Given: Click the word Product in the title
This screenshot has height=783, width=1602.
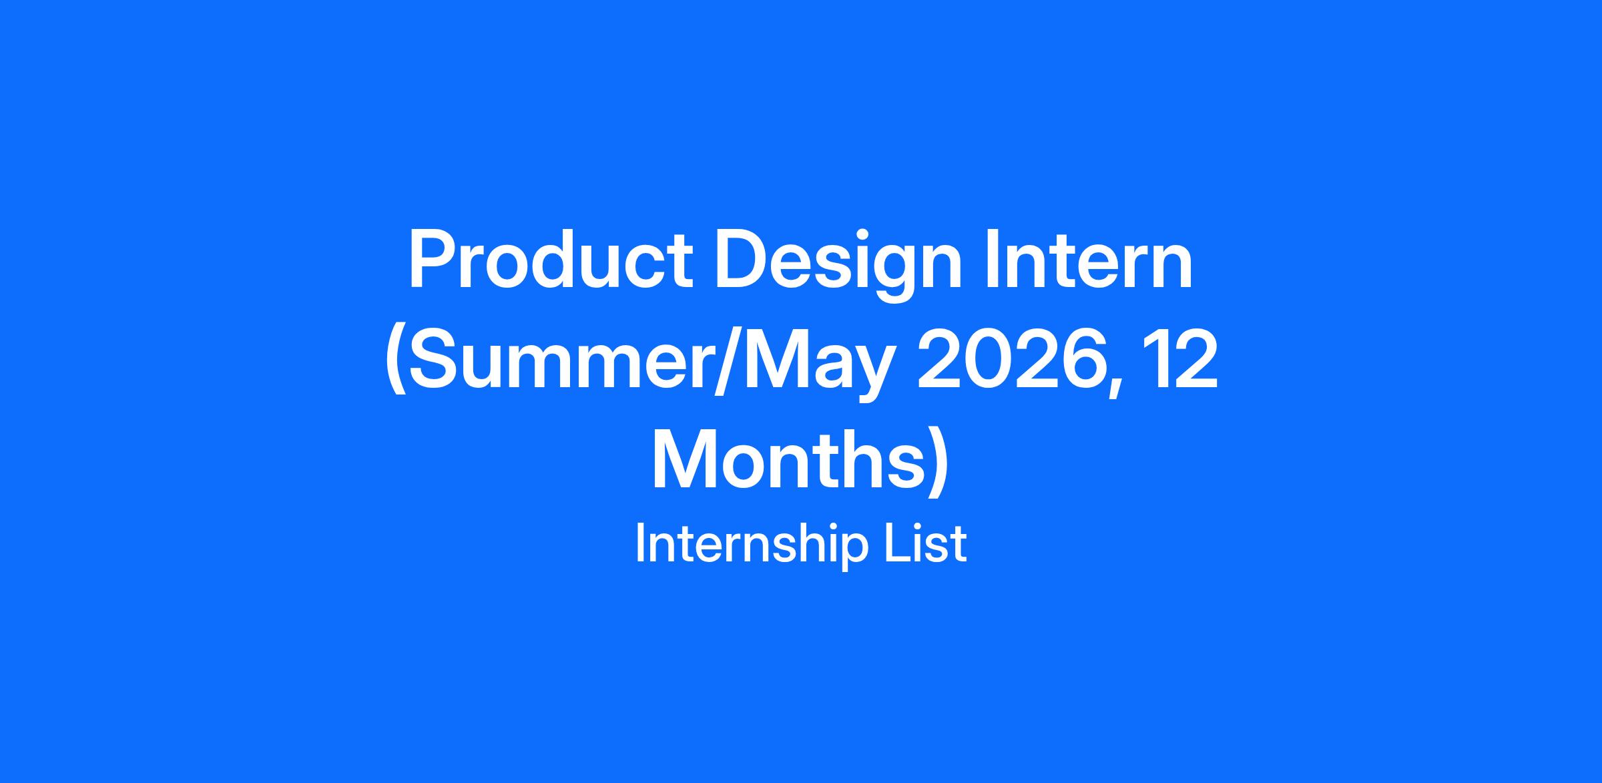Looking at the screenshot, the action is [551, 260].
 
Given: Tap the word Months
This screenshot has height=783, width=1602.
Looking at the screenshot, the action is [792, 461].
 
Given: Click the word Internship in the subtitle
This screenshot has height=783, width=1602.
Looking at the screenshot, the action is [751, 545].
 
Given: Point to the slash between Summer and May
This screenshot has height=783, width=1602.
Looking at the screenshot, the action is [727, 364].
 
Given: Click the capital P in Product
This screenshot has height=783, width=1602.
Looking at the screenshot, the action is [433, 261].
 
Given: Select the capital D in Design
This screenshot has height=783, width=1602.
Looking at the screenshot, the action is [742, 261].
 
